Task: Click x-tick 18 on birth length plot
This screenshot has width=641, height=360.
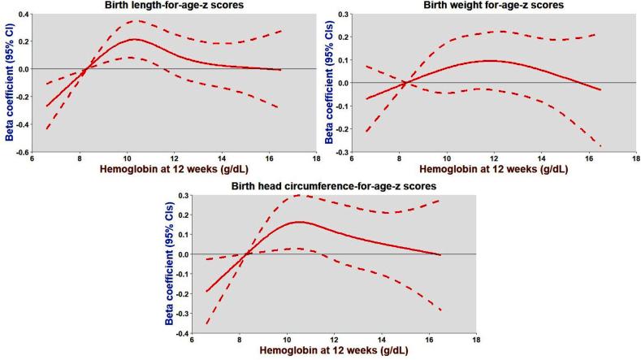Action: click(315, 159)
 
